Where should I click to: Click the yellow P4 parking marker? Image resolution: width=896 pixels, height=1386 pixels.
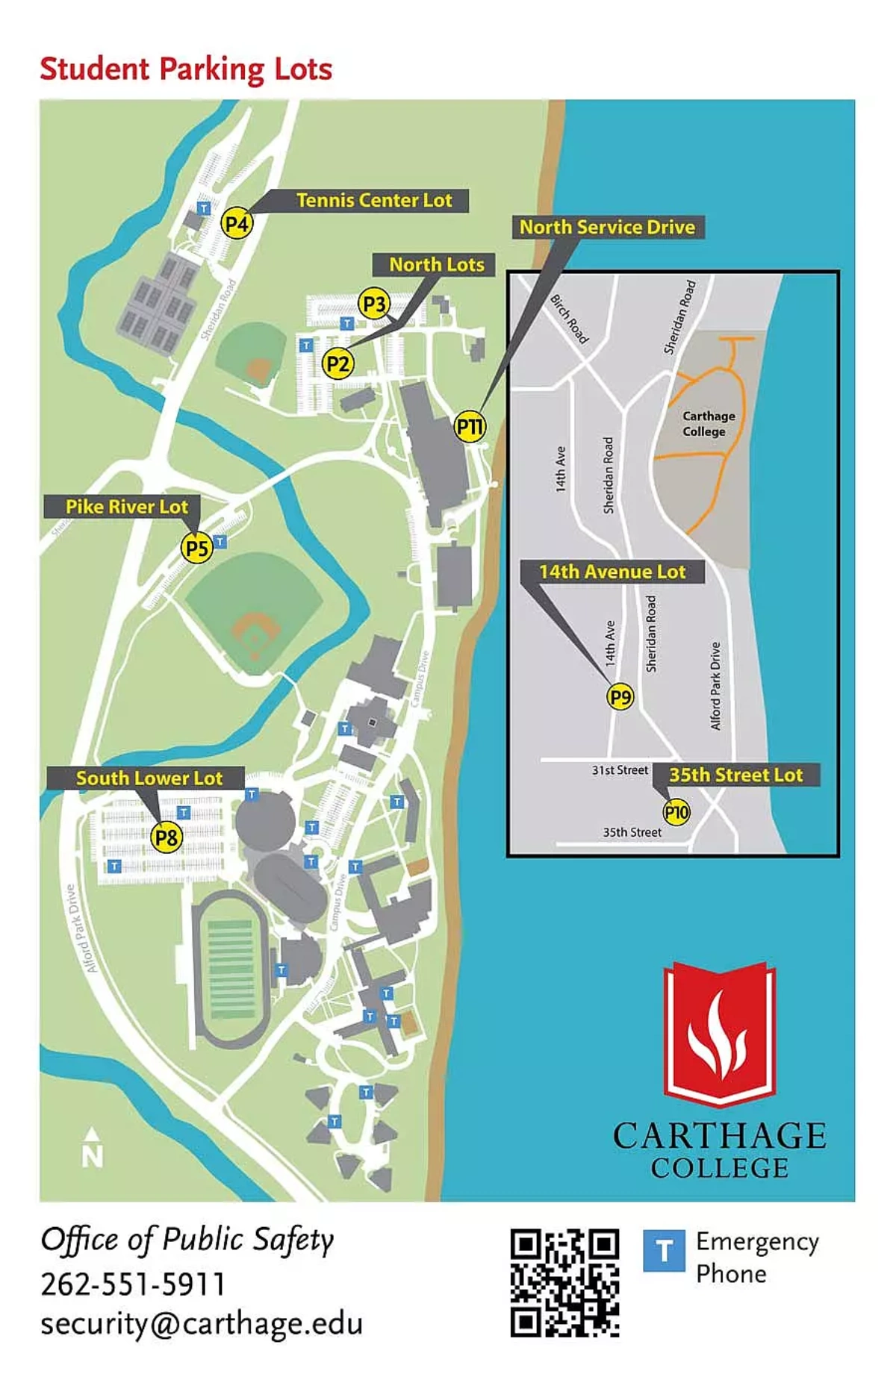pos(237,223)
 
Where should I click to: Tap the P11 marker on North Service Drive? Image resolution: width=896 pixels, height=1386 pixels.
pos(470,427)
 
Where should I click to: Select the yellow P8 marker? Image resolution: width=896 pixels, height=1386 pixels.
pos(167,837)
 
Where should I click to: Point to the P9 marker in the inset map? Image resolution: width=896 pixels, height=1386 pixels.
pos(620,697)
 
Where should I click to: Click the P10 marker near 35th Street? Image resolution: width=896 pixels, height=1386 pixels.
pos(676,812)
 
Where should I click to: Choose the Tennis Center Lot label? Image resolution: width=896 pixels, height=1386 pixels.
pos(374,200)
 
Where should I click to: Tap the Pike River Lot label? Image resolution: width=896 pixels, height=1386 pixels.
pos(126,506)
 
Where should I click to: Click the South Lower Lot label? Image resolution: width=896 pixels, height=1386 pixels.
pos(149,778)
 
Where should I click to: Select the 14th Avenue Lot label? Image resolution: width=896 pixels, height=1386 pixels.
pos(612,572)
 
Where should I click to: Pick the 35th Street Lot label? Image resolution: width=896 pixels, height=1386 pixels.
pos(735,775)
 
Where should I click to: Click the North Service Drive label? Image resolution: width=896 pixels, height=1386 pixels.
pos(607,227)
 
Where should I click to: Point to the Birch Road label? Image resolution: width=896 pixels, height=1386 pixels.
pos(570,319)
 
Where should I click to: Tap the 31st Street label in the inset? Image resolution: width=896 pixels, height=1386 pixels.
pos(620,770)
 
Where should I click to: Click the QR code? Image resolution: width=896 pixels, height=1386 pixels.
pos(564,1282)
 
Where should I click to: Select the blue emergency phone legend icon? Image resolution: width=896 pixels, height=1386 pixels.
pos(664,1250)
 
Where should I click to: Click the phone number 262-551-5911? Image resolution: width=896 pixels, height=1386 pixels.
pos(133,1284)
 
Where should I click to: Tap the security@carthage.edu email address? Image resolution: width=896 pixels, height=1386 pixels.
pos(202,1323)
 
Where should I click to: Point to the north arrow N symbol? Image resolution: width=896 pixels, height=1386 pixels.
pos(92,1148)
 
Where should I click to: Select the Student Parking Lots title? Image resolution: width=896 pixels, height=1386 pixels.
pos(186,69)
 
